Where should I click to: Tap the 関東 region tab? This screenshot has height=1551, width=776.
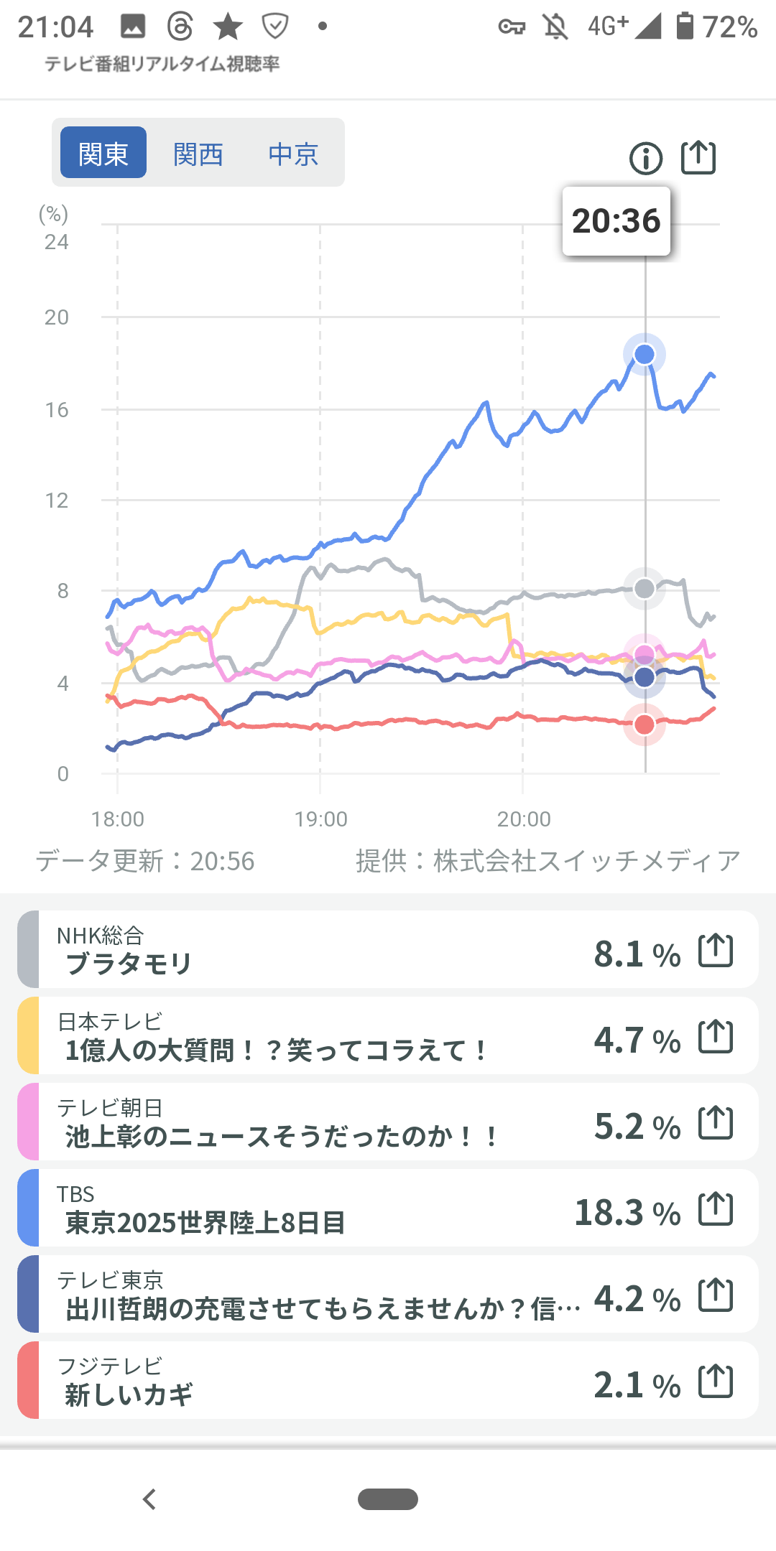coord(103,153)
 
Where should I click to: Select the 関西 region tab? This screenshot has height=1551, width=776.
coord(198,154)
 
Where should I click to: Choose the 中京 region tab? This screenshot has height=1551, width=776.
coord(293,154)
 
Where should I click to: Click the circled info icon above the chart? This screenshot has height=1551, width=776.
coord(645,158)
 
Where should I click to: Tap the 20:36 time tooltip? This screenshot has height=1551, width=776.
coord(616,221)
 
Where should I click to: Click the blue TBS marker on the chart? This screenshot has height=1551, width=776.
coord(645,354)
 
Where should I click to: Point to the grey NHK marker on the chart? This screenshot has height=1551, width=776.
coord(645,589)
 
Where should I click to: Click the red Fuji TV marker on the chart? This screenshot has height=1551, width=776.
coord(645,725)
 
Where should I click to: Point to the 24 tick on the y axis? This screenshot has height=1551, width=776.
coord(57,242)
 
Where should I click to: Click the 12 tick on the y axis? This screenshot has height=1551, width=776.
coord(57,500)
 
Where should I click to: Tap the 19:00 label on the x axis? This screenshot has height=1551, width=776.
coord(320,819)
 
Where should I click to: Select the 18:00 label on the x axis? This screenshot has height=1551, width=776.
coord(118,819)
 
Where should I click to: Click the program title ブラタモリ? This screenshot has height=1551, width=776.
coord(129,964)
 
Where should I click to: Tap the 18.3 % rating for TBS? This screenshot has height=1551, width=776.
coord(627,1213)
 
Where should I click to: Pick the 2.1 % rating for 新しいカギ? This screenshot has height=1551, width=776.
coord(637,1385)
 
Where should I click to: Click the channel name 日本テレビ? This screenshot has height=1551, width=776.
coord(110,1021)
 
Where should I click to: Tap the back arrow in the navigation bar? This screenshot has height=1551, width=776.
coord(149,1499)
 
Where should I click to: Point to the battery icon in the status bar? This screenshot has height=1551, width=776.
coord(685,27)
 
